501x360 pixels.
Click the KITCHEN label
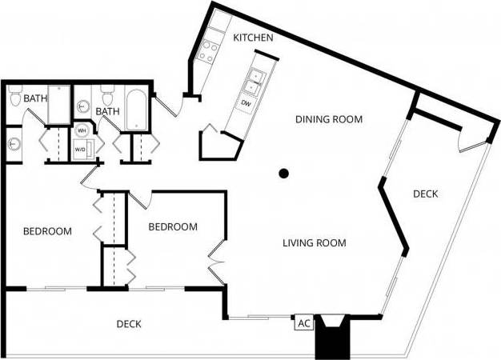(x=254, y=38)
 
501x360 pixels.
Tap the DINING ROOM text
(x=329, y=119)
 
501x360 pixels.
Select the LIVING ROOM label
(x=315, y=242)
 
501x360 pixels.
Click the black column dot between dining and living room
(x=283, y=173)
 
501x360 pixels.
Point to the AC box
(x=303, y=323)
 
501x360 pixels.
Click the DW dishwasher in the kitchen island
(x=246, y=103)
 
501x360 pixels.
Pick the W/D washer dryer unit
(x=82, y=149)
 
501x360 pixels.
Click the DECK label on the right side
(x=425, y=194)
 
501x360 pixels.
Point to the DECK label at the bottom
(x=129, y=324)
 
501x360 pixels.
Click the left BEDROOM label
(x=47, y=231)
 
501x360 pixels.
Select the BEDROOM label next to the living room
(x=173, y=226)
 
